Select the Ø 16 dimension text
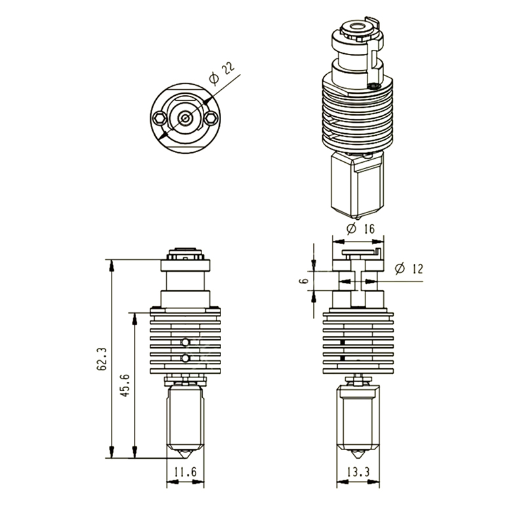click(359, 228)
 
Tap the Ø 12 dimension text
click(409, 268)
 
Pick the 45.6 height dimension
click(125, 386)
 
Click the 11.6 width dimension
click(184, 470)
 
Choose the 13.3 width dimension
click(358, 470)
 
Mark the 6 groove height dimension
click(304, 280)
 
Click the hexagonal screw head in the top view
click(160, 118)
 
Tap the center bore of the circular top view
click(185, 119)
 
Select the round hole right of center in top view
click(210, 118)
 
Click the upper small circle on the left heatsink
click(186, 342)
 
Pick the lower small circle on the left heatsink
click(186, 358)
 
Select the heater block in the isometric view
click(358, 184)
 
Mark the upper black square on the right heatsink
click(343, 343)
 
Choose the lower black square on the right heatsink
click(343, 358)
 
